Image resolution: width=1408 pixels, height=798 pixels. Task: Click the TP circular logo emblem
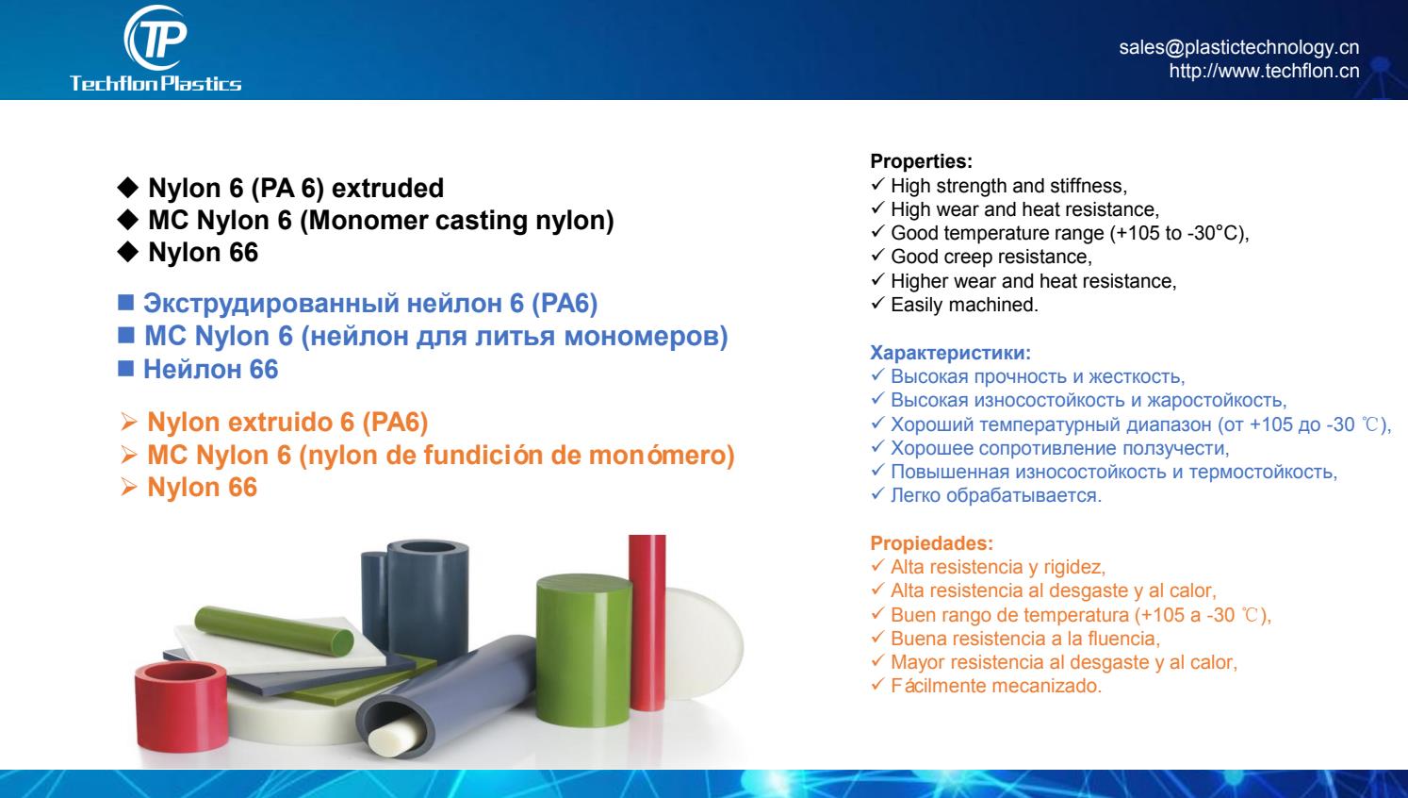[156, 38]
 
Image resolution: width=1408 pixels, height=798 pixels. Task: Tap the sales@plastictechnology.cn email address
[1239, 47]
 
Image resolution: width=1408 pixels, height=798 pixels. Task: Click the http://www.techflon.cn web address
[1264, 71]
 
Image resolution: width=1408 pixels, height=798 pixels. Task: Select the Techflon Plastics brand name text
[156, 84]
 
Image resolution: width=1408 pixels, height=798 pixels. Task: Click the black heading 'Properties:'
[921, 161]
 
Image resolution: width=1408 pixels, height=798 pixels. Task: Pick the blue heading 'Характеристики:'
[950, 353]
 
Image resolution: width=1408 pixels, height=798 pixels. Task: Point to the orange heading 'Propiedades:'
[931, 543]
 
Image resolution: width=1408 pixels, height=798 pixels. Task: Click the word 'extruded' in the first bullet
[387, 188]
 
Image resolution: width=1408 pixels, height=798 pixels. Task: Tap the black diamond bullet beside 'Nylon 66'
[127, 252]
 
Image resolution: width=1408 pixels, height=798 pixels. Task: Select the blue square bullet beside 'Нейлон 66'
[125, 368]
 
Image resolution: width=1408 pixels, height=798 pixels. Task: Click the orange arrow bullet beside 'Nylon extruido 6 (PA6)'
[129, 422]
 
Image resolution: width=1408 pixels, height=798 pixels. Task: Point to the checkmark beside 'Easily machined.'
[877, 304]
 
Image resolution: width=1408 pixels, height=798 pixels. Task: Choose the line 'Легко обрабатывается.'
[995, 495]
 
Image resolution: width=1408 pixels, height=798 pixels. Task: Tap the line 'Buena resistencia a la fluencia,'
[1025, 639]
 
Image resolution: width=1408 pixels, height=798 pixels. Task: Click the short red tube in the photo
[181, 707]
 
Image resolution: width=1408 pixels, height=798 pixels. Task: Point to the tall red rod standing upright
[647, 623]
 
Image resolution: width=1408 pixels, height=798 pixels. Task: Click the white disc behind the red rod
[704, 642]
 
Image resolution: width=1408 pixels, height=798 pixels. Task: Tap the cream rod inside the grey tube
[396, 738]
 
